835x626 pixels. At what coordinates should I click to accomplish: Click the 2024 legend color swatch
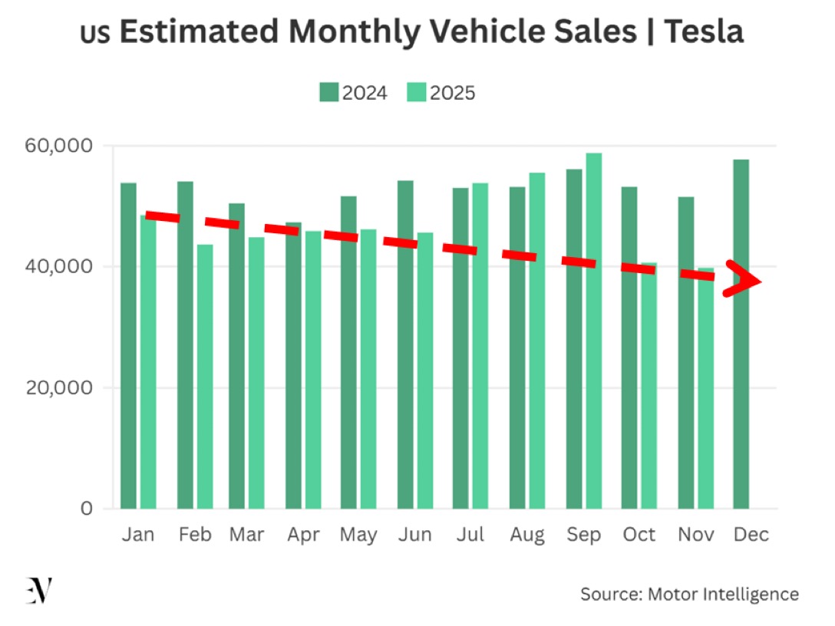pyautogui.click(x=328, y=93)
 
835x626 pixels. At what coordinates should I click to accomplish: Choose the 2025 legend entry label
pyautogui.click(x=453, y=93)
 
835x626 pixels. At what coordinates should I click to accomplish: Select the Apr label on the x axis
pyautogui.click(x=303, y=535)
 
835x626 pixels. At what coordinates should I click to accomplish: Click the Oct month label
pyautogui.click(x=639, y=535)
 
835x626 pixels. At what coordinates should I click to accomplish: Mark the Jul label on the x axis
pyautogui.click(x=470, y=535)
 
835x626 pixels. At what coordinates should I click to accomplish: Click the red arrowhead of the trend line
pyautogui.click(x=743, y=280)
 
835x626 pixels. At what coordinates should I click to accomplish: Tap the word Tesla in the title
pyautogui.click(x=703, y=31)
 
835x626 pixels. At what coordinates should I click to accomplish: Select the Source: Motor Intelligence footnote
pyautogui.click(x=689, y=594)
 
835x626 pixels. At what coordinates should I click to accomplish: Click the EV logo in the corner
pyautogui.click(x=38, y=591)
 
